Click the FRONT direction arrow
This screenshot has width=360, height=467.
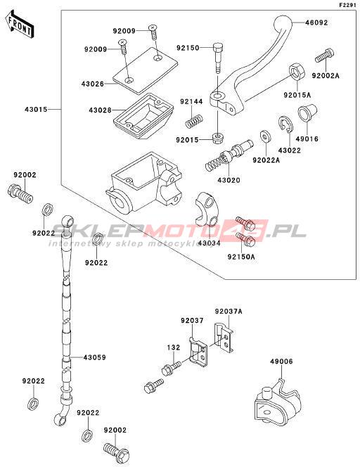[20, 24]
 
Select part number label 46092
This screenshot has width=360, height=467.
[316, 23]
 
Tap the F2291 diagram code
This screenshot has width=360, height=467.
[347, 5]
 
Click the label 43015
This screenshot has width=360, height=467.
[36, 109]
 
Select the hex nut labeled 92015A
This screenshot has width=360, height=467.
[297, 72]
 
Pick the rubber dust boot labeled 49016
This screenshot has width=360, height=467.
[307, 113]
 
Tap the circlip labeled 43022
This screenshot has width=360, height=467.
[285, 124]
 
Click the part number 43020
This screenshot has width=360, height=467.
[229, 180]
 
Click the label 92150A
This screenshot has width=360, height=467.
[241, 257]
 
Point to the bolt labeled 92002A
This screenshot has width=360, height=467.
[324, 56]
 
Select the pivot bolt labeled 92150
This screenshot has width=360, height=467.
[218, 58]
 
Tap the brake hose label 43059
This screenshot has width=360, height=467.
[94, 357]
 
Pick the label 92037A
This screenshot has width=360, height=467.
[229, 312]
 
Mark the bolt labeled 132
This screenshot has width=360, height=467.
[172, 368]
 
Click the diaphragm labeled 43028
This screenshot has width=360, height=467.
[143, 116]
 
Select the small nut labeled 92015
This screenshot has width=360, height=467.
[218, 138]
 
